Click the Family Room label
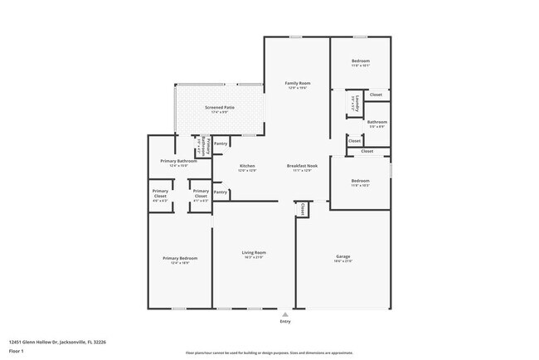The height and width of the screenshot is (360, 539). (298, 83)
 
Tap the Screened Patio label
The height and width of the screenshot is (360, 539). (219, 107)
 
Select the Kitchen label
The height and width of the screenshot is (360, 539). (247, 166)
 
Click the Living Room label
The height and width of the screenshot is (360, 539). (254, 252)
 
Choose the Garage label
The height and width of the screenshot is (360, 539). (343, 255)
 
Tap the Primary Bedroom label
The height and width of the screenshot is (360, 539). (180, 258)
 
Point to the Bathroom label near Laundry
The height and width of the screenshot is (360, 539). (377, 122)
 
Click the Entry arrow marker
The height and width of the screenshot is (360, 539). (285, 315)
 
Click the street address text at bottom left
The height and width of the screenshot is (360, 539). (57, 341)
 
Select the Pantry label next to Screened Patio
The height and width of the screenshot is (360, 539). (221, 144)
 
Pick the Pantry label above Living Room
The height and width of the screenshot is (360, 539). (221, 192)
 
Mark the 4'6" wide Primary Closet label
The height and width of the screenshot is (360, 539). (160, 192)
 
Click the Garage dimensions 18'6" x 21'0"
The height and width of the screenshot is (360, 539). (343, 261)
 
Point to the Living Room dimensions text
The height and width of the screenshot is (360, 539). (254, 258)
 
